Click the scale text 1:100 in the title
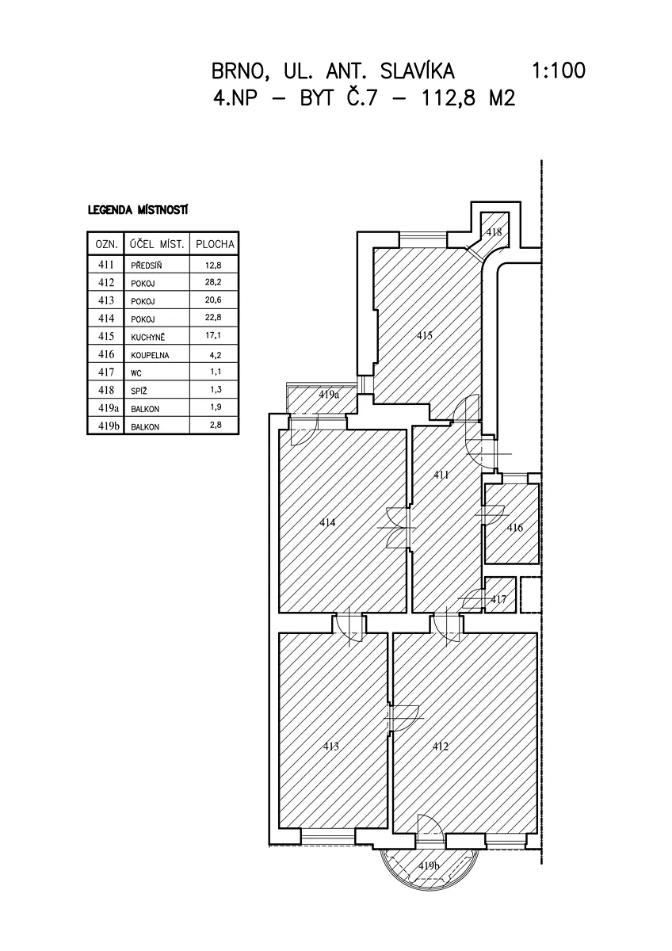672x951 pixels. click(x=558, y=71)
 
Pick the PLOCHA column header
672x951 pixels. click(x=215, y=244)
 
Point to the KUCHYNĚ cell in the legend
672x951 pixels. click(x=147, y=337)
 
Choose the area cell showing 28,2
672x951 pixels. click(x=212, y=282)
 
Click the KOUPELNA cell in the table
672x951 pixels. click(x=150, y=355)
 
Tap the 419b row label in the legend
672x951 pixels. click(x=108, y=426)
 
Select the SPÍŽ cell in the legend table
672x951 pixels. click(x=139, y=391)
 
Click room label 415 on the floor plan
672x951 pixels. click(x=424, y=336)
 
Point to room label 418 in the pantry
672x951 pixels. click(x=494, y=232)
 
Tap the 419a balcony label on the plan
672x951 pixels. click(x=329, y=395)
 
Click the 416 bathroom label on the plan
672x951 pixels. click(x=514, y=528)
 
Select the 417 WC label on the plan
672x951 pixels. click(x=498, y=599)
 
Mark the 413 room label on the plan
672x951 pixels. click(x=330, y=746)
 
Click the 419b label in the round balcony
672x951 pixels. click(x=428, y=865)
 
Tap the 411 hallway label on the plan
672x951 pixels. click(x=441, y=475)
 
